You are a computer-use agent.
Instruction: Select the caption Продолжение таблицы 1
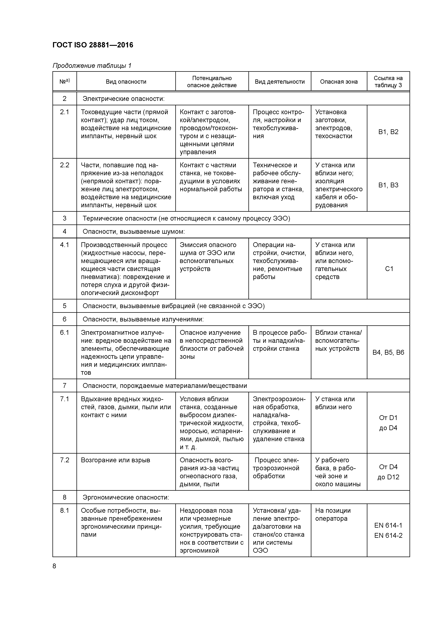[x=92, y=66]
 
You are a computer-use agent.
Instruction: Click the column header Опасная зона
[x=339, y=82]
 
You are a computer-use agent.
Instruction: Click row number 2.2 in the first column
[x=65, y=165]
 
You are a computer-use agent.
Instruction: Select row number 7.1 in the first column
[x=65, y=399]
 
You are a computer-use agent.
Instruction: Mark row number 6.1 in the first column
[x=65, y=333]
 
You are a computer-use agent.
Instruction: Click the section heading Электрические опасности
[x=124, y=99]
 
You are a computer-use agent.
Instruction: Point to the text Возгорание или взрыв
[x=115, y=460]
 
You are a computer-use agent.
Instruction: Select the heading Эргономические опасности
[x=126, y=497]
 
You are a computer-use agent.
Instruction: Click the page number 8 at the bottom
[x=54, y=566]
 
